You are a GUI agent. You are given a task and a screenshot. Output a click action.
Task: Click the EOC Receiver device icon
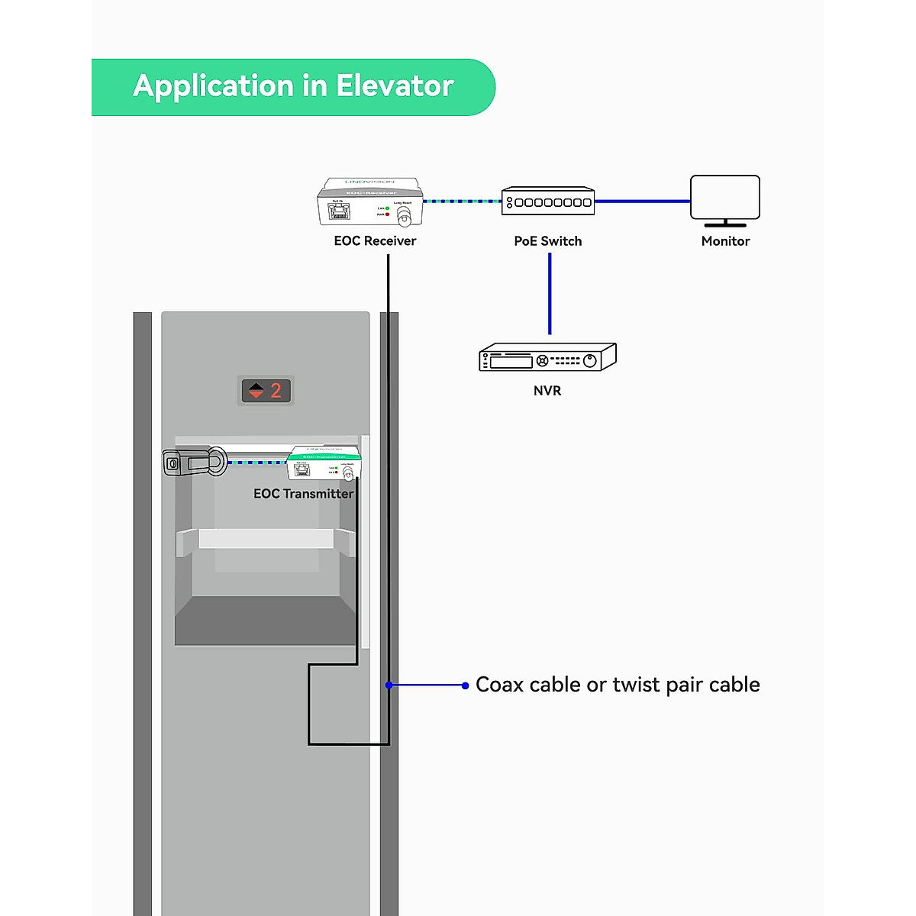pyautogui.click(x=370, y=202)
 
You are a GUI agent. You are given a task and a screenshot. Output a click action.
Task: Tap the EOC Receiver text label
pyautogui.click(x=375, y=241)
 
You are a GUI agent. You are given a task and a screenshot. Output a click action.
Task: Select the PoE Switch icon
pyautogui.click(x=548, y=201)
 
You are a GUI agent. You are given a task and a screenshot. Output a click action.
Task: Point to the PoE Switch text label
pyautogui.click(x=548, y=241)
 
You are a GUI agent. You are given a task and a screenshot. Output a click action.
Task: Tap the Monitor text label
pyautogui.click(x=725, y=241)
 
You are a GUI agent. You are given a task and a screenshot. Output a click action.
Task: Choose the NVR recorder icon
pyautogui.click(x=547, y=357)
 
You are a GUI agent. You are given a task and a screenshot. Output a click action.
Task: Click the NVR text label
pyautogui.click(x=547, y=391)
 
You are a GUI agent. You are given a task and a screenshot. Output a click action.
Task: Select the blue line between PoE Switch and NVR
pyautogui.click(x=550, y=294)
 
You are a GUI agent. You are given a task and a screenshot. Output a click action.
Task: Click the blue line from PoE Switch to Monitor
pyautogui.click(x=642, y=202)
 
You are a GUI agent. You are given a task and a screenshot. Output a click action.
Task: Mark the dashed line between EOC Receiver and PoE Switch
pyautogui.click(x=462, y=202)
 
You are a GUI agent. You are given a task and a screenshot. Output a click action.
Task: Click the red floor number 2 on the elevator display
pyautogui.click(x=276, y=391)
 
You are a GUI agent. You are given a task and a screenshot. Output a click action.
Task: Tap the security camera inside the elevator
pyautogui.click(x=195, y=462)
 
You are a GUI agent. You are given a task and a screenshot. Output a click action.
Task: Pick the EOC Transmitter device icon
pyautogui.click(x=324, y=463)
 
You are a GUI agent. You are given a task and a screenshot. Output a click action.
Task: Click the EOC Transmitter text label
pyautogui.click(x=304, y=494)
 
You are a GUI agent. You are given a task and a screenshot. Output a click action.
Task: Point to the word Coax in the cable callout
pyautogui.click(x=500, y=685)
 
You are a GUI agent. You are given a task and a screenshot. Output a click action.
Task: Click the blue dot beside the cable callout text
pyautogui.click(x=466, y=685)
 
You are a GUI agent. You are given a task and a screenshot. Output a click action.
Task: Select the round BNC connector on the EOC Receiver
pyautogui.click(x=405, y=218)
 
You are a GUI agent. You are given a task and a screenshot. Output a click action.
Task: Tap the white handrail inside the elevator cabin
pyautogui.click(x=266, y=538)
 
